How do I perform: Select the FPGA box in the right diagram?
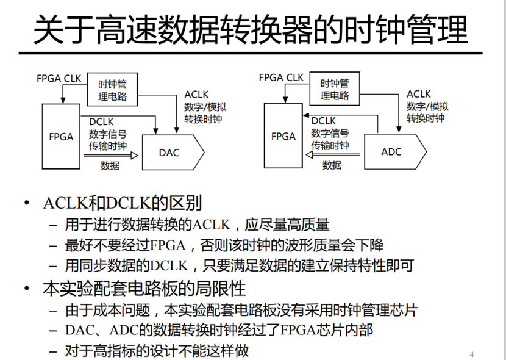pyautogui.click(x=283, y=136)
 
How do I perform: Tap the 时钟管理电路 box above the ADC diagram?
pyautogui.click(x=335, y=89)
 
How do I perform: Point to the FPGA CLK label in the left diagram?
pyautogui.click(x=59, y=78)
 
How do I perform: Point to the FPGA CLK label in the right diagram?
pyautogui.click(x=281, y=77)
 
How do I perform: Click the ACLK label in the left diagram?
pyautogui.click(x=196, y=95)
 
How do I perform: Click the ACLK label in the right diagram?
pyautogui.click(x=419, y=94)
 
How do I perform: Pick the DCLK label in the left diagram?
pyautogui.click(x=101, y=122)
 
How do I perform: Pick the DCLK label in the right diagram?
pyautogui.click(x=324, y=121)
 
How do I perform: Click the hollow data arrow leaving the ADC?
pyautogui.click(x=333, y=155)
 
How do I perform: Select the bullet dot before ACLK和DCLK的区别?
pyautogui.click(x=26, y=203)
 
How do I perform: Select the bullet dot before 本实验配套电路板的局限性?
pyautogui.click(x=26, y=288)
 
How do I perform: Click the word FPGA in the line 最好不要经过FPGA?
pyautogui.click(x=168, y=245)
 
